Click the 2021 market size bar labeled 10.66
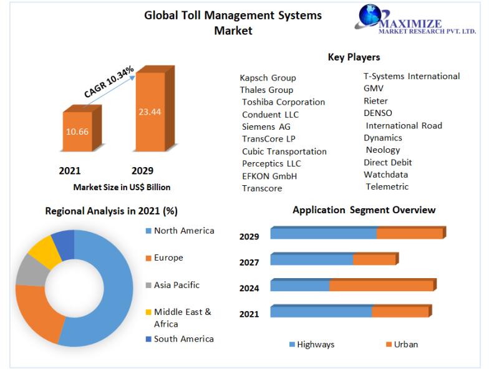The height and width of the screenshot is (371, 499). click(x=77, y=132)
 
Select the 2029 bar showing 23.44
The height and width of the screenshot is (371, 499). click(x=150, y=112)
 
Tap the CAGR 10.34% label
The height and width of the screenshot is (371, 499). click(x=109, y=80)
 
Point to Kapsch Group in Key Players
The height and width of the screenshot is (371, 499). click(x=268, y=78)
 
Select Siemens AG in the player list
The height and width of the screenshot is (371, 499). click(x=266, y=127)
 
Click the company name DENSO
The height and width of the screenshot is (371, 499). click(x=378, y=113)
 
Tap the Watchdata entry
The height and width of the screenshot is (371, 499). click(x=385, y=175)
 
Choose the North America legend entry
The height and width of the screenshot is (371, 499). click(x=183, y=231)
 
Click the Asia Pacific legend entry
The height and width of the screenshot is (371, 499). click(x=177, y=285)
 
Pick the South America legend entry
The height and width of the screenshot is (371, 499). click(x=183, y=339)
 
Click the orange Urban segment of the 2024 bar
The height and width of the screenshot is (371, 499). click(x=381, y=286)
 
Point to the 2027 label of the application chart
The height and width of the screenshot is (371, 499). click(x=249, y=263)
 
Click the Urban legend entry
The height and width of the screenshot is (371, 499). click(x=405, y=344)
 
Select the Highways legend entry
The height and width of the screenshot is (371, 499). click(x=315, y=344)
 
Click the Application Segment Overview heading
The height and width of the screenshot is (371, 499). click(x=364, y=210)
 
